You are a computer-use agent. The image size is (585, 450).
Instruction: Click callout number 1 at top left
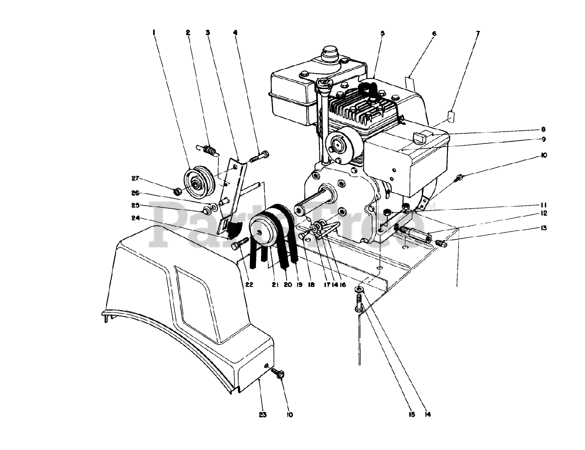tap(154, 33)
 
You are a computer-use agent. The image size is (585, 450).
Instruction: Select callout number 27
tap(135, 178)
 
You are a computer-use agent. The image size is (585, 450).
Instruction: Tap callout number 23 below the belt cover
tap(263, 414)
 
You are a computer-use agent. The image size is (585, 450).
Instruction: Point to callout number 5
tap(383, 33)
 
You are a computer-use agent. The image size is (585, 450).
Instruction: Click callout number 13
tap(543, 228)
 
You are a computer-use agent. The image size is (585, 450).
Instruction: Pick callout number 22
tap(249, 284)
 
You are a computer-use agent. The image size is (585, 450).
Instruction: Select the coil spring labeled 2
tap(207, 151)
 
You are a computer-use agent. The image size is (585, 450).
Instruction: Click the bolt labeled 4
tap(259, 157)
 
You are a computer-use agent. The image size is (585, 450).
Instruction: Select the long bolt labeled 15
tap(359, 303)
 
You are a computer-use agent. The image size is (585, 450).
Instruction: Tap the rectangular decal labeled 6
tap(410, 84)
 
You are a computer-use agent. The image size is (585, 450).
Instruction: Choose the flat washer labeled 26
tap(214, 207)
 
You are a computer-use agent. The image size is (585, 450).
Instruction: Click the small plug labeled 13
tap(441, 243)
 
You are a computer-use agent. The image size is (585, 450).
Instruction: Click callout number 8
tap(543, 129)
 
